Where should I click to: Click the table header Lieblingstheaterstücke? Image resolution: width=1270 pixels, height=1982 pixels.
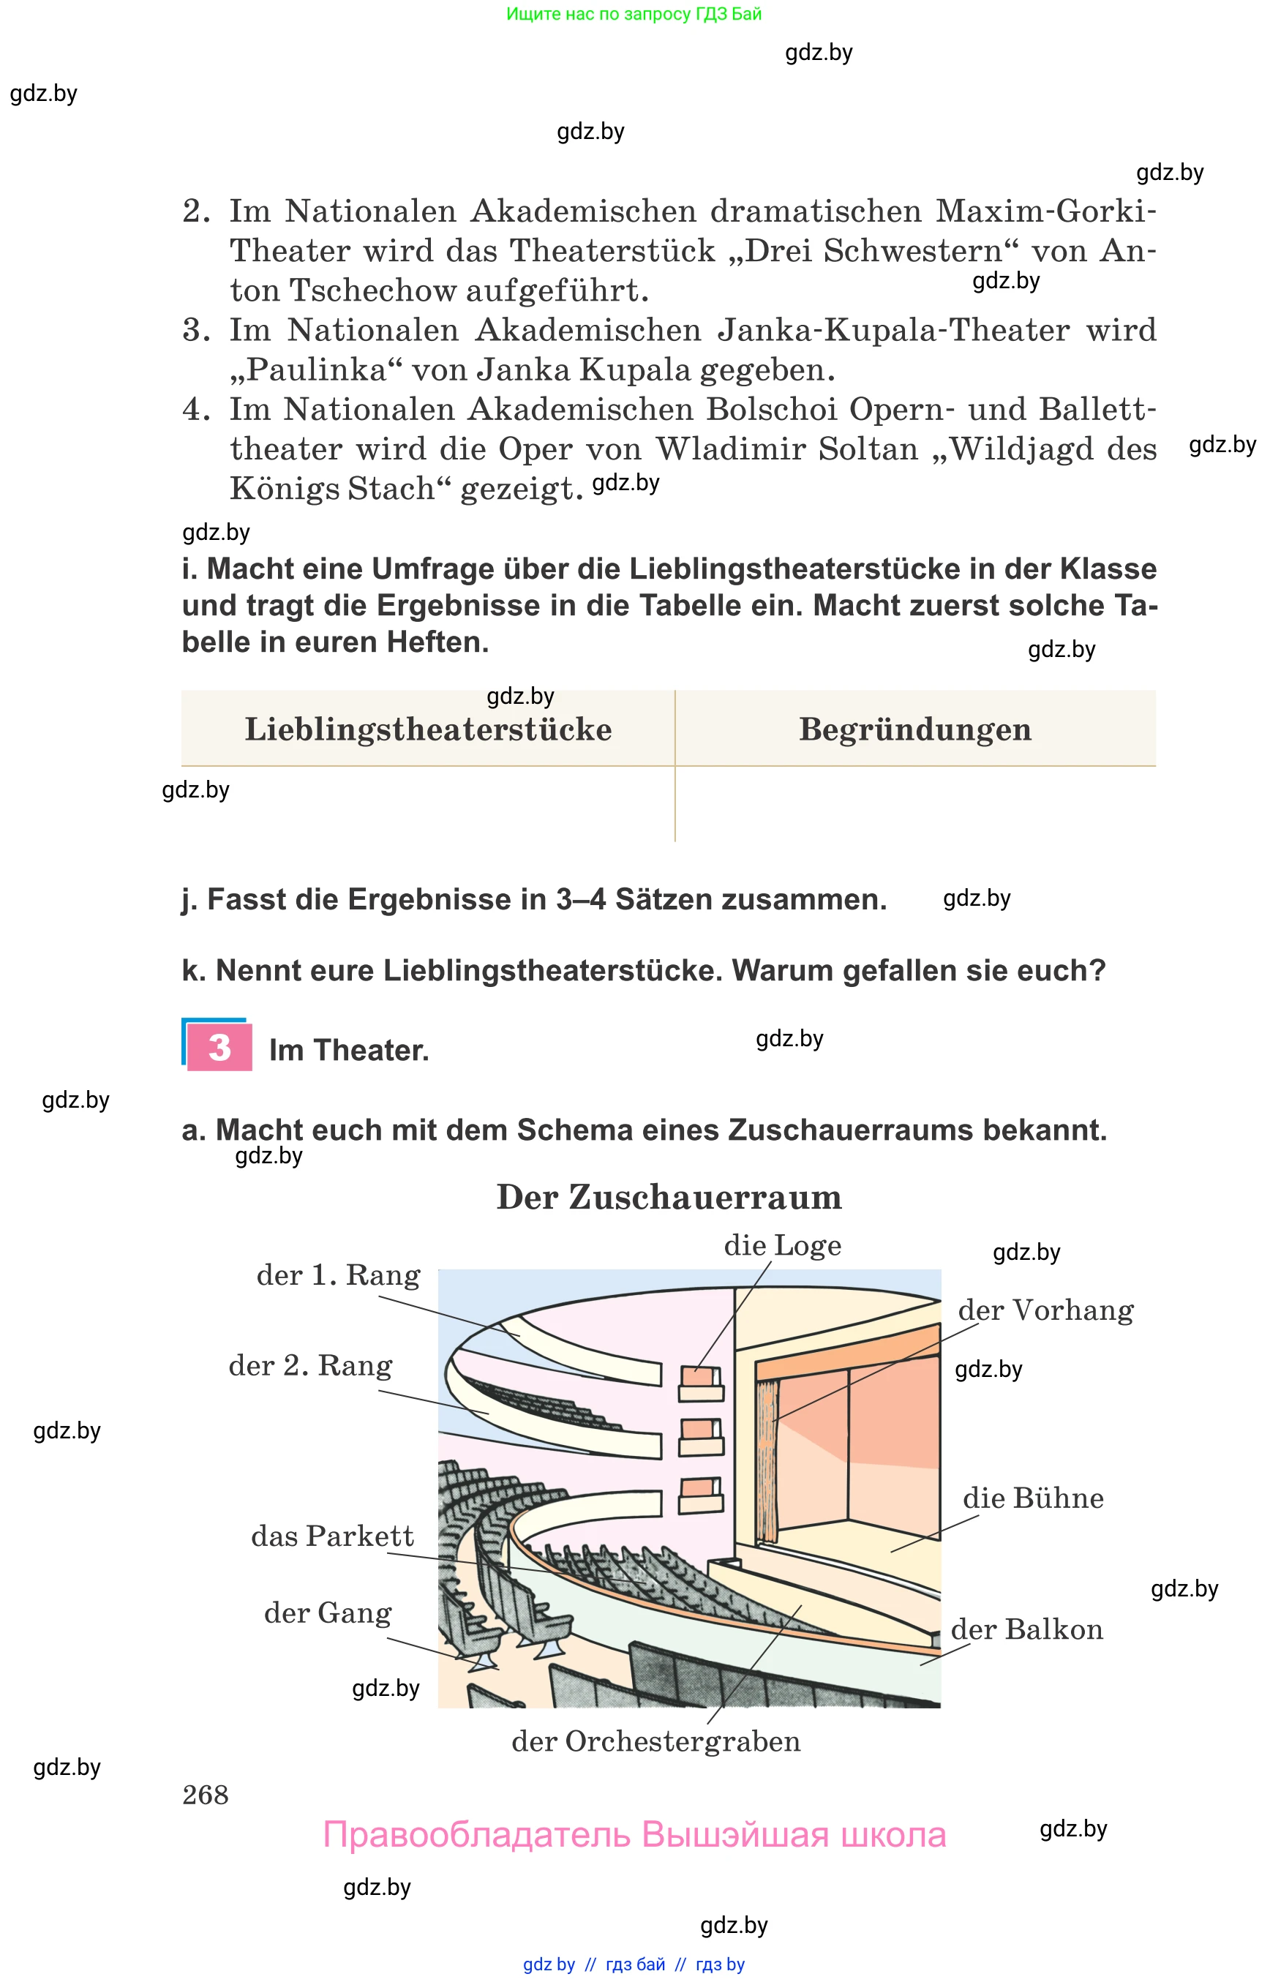coord(428,730)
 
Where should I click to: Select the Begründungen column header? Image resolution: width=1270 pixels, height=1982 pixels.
coord(914,730)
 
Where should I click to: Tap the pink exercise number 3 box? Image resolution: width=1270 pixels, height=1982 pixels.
coord(219,1048)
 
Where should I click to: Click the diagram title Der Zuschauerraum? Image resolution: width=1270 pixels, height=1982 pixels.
coord(669,1198)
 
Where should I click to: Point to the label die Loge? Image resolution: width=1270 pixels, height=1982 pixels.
coord(782,1245)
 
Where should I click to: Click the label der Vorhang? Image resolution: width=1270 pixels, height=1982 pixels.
coord(1045,1310)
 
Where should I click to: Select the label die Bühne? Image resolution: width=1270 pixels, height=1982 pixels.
coord(1032,1498)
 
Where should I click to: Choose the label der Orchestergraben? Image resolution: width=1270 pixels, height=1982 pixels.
coord(655,1741)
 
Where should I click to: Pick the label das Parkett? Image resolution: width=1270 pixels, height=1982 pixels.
coord(332,1536)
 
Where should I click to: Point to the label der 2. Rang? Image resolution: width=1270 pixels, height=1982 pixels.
coord(310,1366)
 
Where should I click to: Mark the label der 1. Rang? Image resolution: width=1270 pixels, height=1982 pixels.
coord(338,1276)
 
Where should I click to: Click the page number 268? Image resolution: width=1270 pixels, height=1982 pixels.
coord(206,1795)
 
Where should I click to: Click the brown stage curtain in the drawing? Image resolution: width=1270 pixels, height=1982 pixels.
coord(767,1460)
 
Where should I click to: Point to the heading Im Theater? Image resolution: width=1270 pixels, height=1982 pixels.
coord(349,1051)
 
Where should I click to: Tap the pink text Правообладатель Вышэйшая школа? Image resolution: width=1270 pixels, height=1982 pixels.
coord(634,1835)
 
